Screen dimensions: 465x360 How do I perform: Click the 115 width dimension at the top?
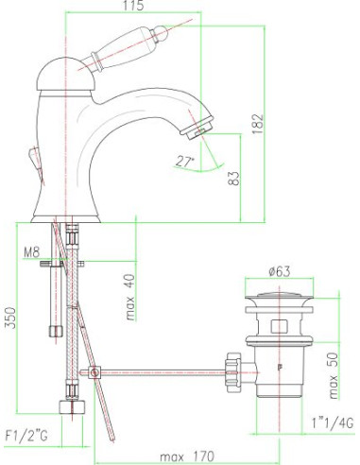(132, 8)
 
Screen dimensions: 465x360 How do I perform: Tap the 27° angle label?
(183, 162)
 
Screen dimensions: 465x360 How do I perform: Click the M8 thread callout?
(33, 251)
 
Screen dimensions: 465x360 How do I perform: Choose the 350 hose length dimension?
(9, 317)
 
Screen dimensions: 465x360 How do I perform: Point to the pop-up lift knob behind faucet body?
(39, 166)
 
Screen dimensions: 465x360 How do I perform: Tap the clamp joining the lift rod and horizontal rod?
(94, 372)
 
